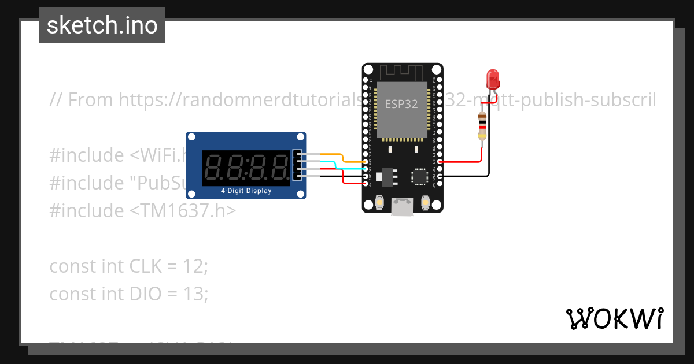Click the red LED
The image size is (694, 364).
point(493,78)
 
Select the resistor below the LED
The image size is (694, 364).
point(482,126)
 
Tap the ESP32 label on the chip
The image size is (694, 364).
point(402,105)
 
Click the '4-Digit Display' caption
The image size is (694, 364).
point(246,191)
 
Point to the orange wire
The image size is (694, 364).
point(341,156)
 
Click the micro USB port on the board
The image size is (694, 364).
point(402,207)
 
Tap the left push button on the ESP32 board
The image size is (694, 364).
point(379,202)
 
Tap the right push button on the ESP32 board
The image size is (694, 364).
point(425,202)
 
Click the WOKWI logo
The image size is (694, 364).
point(614,318)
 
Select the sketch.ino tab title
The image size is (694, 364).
point(102,25)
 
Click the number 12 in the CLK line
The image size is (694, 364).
point(194,266)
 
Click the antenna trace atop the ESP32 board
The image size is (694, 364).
point(402,72)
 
